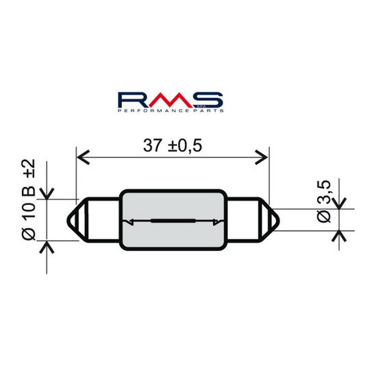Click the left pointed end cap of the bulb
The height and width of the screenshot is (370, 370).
click(x=84, y=220)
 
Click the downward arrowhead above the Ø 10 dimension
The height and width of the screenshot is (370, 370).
click(x=47, y=194)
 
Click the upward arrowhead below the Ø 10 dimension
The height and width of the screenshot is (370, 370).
click(x=47, y=246)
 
